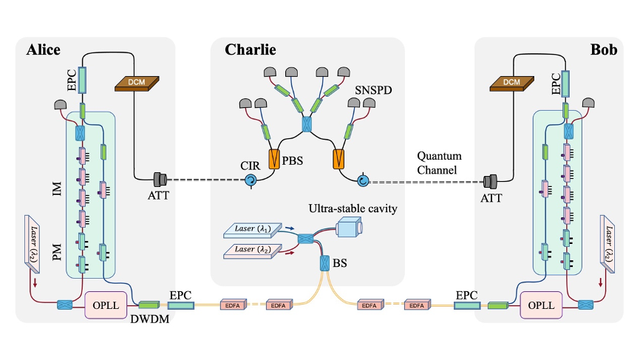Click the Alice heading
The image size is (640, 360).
coord(44,50)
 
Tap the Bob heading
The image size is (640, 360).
coord(604,50)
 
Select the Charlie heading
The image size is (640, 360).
coord(251,50)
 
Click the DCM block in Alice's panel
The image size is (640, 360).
coord(137,84)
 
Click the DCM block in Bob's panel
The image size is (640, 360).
coord(512,84)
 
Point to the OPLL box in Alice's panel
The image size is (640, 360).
coord(106,305)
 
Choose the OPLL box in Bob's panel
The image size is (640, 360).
coord(541,305)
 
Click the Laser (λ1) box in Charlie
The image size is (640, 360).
coord(253,230)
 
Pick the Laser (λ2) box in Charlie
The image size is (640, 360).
coord(253,251)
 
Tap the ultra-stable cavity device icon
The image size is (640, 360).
coord(349,227)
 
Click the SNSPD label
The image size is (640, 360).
coord(373,89)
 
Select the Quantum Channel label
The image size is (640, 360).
coord(439,163)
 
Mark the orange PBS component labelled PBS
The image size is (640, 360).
coord(274,159)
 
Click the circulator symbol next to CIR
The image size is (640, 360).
coord(251,180)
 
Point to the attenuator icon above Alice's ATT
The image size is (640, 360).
coord(160,180)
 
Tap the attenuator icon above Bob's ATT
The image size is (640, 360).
coord(490,182)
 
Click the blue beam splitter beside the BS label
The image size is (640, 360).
coord(324,263)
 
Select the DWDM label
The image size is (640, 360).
coord(150,319)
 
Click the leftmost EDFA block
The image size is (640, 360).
coord(233,305)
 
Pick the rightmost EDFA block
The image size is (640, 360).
coord(417,305)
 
